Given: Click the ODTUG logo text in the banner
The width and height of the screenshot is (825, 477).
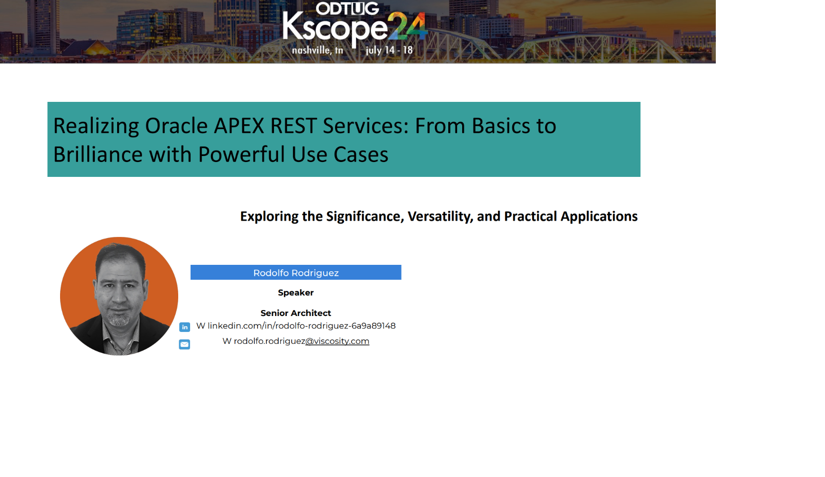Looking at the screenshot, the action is point(347,8).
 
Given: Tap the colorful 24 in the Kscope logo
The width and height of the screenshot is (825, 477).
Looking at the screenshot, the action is point(408,26).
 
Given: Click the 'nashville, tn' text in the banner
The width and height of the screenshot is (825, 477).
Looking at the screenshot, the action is point(318,50).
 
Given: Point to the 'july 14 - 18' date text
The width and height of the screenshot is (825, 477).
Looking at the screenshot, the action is point(389,50).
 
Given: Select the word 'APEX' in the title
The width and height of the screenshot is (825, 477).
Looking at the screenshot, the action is point(239,126).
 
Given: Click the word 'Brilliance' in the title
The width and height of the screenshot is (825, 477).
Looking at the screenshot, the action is point(98,154).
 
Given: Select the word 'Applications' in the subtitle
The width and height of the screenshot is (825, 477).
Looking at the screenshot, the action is point(599,216).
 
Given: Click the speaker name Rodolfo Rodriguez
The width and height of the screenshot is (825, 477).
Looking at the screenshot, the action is point(296,273).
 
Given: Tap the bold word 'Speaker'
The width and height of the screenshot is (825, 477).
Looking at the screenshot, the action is point(296,293).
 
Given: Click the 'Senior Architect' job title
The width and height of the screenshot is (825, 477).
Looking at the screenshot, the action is point(296,313).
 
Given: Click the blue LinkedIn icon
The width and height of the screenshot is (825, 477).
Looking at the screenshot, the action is point(185,327).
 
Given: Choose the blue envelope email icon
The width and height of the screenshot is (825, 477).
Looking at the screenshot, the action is point(185,344).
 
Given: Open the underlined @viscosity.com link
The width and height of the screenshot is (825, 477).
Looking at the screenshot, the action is point(337,341).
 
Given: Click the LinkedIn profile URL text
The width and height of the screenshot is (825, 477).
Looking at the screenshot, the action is point(301,326).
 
